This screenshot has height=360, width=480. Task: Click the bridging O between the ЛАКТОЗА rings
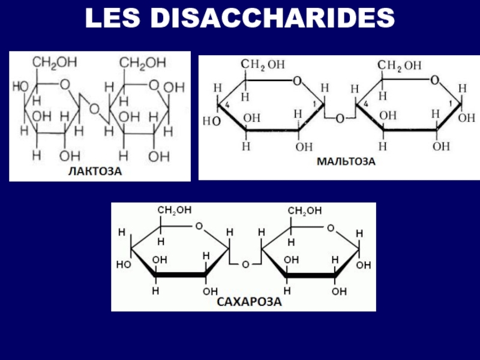[95, 109]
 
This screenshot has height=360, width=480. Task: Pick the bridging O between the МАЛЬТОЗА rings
[340, 119]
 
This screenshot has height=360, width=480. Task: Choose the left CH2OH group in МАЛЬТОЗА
[263, 65]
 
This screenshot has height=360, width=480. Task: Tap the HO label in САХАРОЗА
[124, 264]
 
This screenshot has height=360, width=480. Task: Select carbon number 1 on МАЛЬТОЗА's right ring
[449, 103]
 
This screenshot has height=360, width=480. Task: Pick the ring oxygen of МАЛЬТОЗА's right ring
[434, 79]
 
